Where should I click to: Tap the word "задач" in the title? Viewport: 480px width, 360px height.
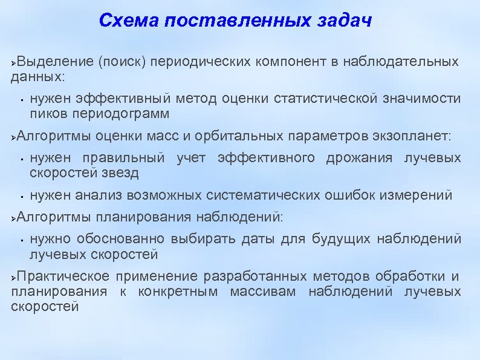(343, 22)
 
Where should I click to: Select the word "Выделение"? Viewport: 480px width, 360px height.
(55, 62)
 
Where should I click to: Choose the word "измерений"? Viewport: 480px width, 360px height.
(417, 195)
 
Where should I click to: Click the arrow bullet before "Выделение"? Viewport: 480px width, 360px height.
(15, 62)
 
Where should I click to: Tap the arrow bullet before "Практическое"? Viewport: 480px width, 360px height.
(15, 277)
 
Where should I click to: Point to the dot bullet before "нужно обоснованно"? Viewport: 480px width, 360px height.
(21, 240)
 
